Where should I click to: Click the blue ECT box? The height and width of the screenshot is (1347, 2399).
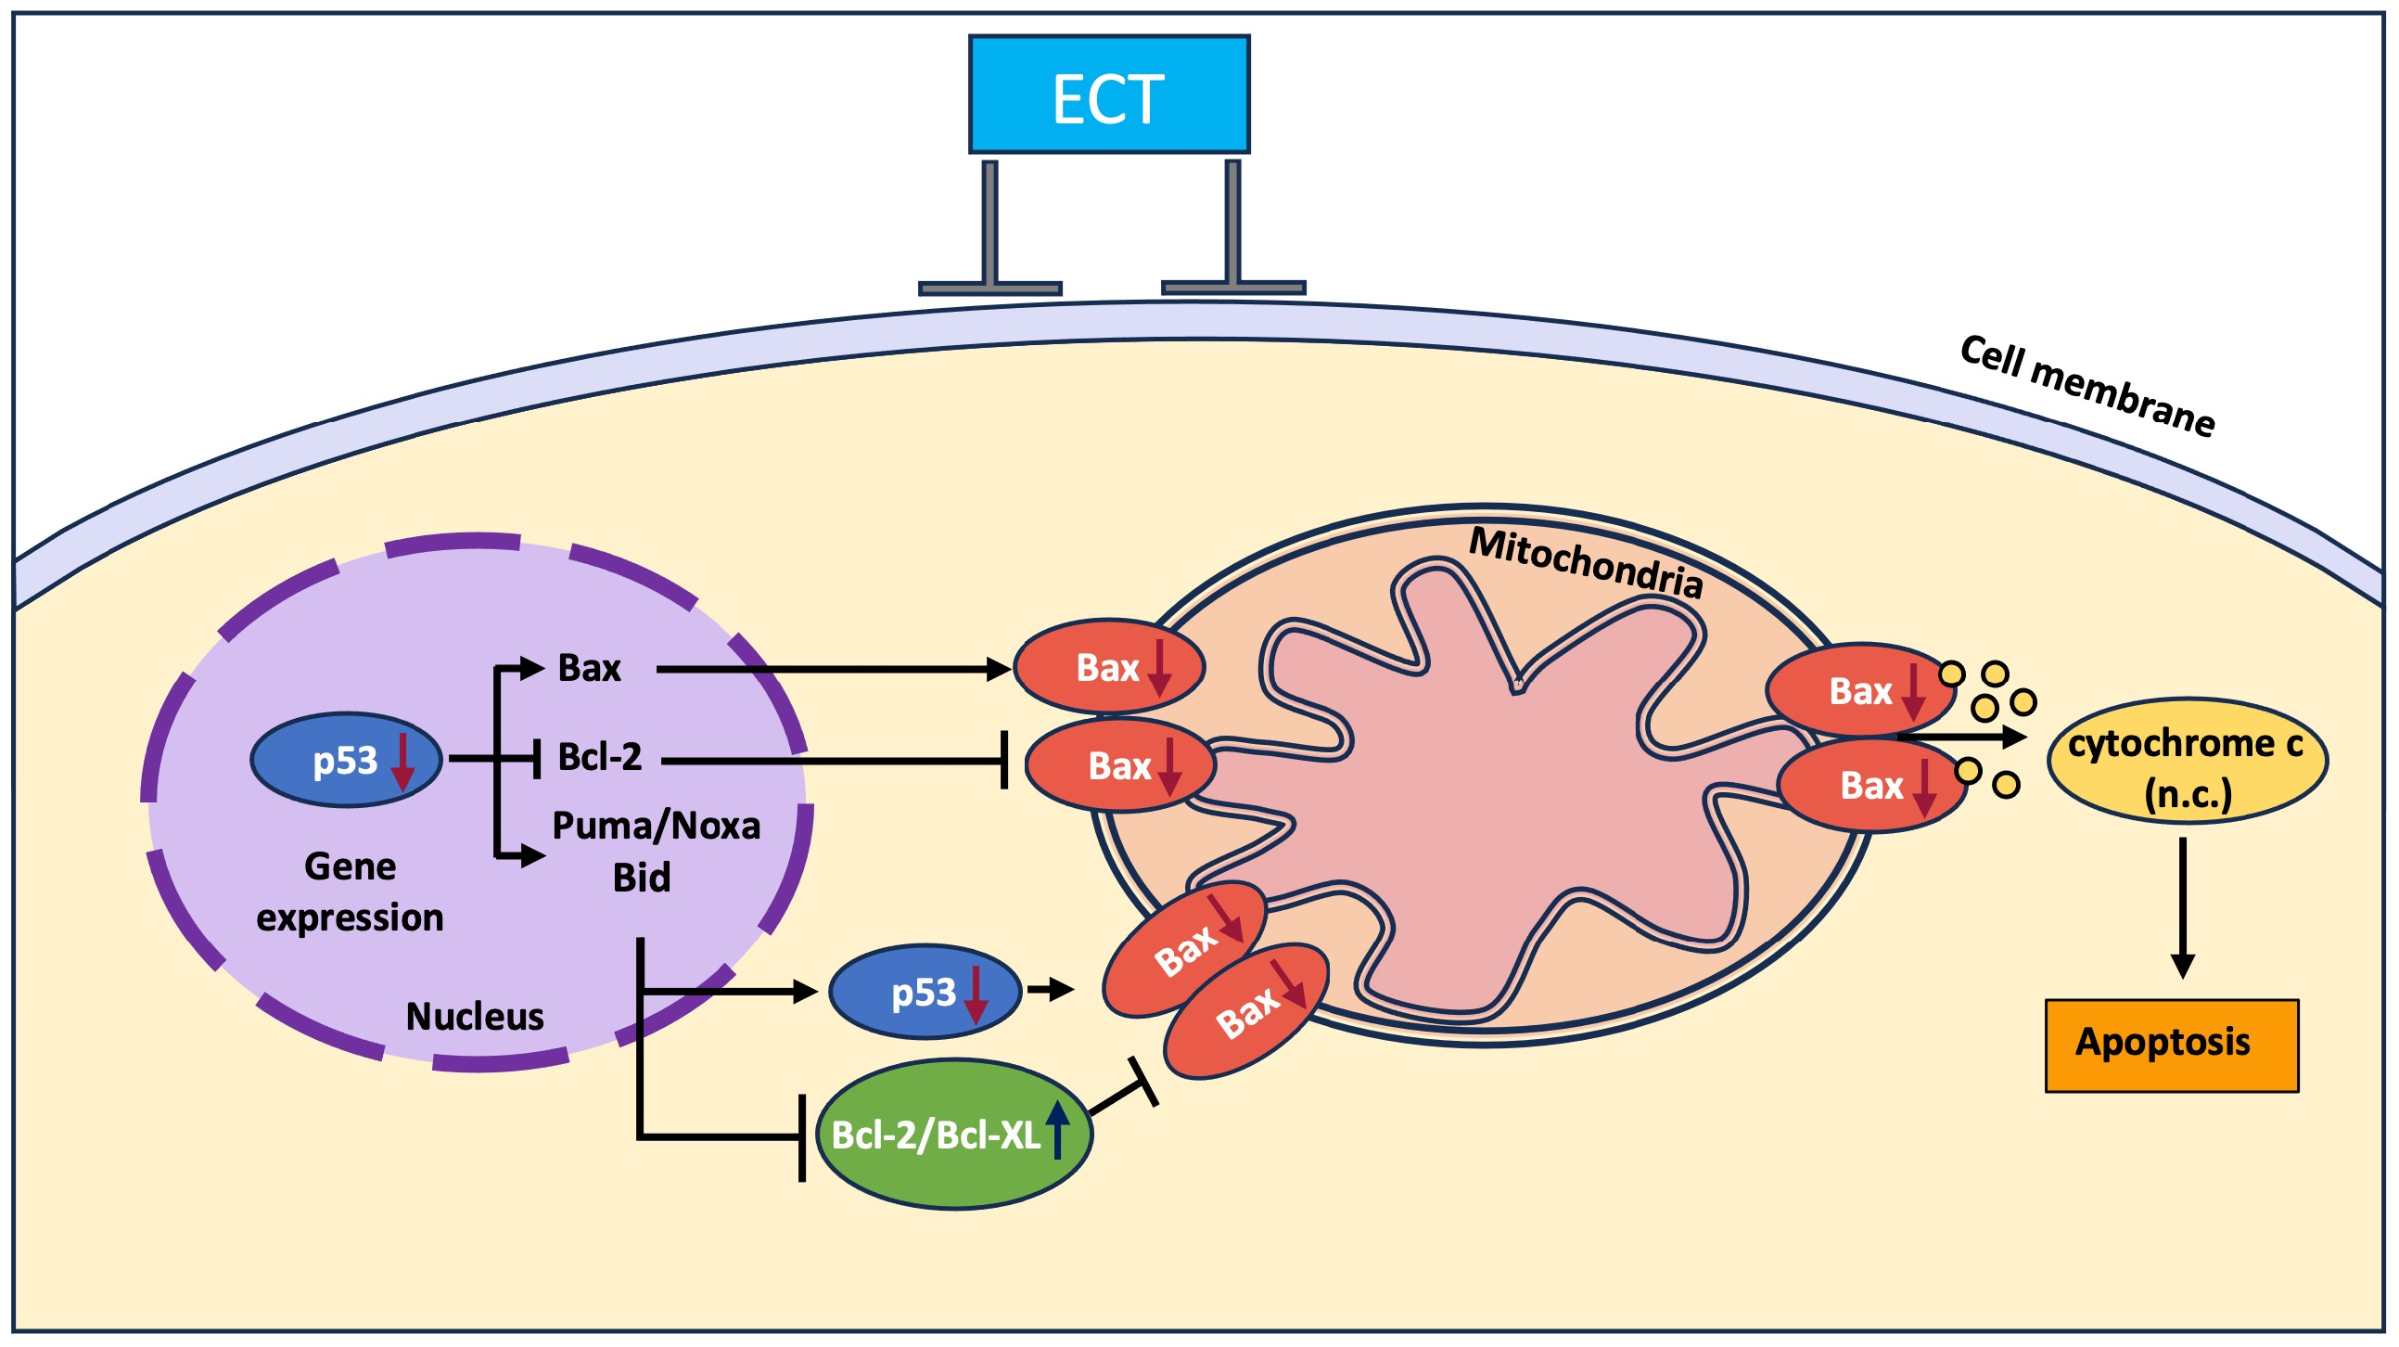1108,94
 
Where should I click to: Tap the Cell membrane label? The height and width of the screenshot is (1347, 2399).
2086,387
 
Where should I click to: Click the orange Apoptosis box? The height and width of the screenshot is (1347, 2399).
2171,1046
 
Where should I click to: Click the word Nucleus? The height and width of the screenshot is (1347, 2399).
474,1017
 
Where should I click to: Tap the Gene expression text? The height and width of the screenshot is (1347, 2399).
351,892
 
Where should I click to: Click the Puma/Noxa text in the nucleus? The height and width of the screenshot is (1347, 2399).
657,827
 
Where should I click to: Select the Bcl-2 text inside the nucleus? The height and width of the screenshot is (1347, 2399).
600,757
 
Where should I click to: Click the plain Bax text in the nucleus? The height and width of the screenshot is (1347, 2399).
589,669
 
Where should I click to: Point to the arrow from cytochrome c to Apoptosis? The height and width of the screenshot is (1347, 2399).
2183,908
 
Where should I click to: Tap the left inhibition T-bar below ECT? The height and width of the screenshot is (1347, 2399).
991,233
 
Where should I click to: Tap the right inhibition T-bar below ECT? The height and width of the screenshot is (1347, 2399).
1234,233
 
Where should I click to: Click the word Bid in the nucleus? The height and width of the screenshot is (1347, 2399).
642,879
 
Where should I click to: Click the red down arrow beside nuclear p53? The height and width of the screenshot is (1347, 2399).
402,762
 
